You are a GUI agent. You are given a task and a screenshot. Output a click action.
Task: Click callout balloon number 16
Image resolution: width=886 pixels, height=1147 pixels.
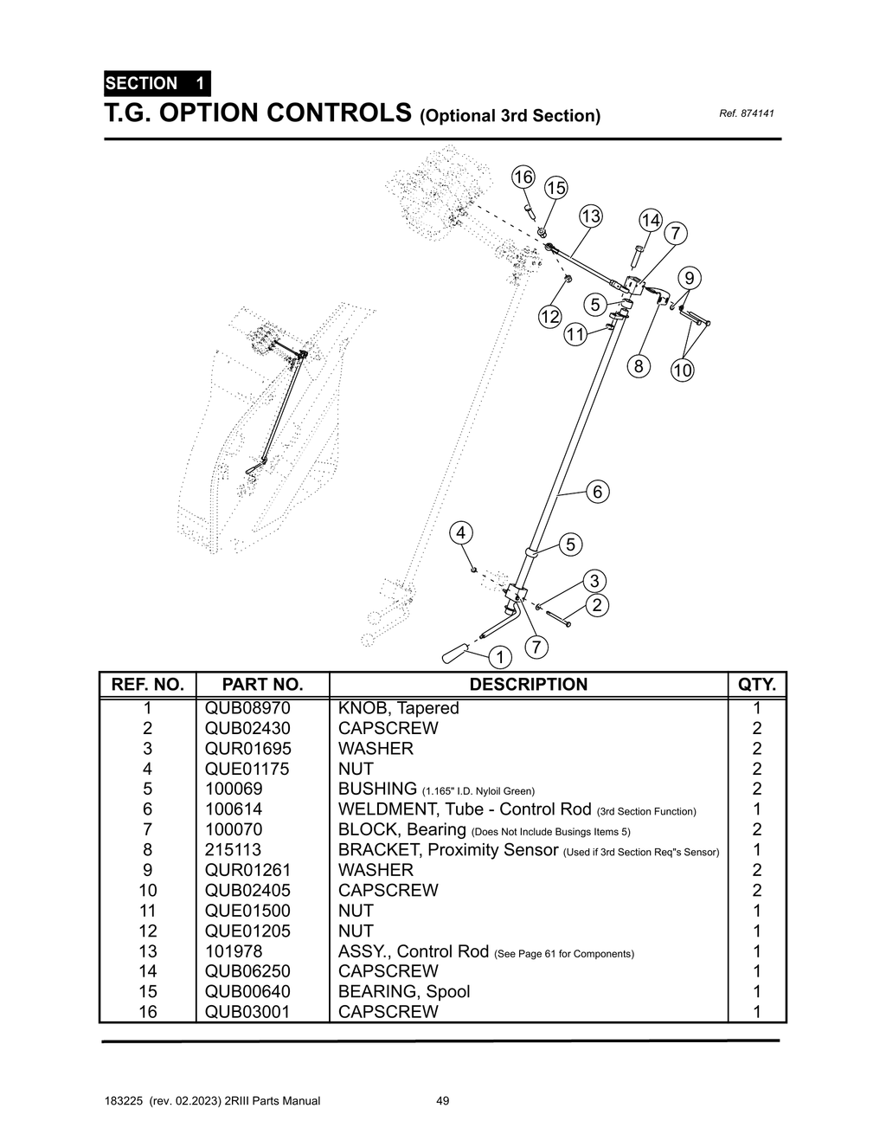tap(523, 177)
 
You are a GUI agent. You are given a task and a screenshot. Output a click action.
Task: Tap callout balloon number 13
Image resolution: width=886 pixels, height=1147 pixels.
tap(590, 216)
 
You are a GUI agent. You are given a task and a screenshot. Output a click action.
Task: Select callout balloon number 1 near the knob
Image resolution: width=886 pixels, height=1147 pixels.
tap(499, 657)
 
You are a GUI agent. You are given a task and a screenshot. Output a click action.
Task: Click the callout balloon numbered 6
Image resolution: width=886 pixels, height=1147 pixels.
tap(597, 492)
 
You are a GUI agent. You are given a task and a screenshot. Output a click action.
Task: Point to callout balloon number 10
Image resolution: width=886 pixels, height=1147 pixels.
tap(683, 371)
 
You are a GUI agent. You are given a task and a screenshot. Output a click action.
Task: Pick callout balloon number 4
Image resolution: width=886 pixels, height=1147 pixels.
tap(461, 532)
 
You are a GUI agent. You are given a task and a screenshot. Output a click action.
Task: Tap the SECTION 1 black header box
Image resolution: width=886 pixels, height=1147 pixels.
tap(156, 84)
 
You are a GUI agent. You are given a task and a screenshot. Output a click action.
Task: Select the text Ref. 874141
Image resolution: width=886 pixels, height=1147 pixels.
tap(746, 113)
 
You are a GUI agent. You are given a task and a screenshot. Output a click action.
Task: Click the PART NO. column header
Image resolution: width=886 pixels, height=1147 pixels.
tap(262, 684)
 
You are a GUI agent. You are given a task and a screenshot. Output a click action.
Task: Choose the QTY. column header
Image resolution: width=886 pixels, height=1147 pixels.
tap(757, 684)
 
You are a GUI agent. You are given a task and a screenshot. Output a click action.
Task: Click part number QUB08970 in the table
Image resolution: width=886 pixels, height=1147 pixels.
tap(247, 708)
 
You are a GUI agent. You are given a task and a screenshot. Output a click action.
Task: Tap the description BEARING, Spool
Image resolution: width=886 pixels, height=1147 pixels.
tap(404, 991)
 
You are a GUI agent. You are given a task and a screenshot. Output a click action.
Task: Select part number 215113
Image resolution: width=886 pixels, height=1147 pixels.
tap(233, 850)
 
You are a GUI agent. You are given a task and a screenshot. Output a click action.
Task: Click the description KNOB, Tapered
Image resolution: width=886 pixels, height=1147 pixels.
tap(398, 708)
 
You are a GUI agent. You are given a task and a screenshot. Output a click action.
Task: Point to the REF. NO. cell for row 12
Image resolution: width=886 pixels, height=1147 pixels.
tap(148, 931)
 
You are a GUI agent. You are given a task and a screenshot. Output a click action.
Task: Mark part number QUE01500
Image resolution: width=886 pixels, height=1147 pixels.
tap(247, 911)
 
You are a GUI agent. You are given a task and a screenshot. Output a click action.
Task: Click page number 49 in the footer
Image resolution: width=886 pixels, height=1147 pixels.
tap(442, 1101)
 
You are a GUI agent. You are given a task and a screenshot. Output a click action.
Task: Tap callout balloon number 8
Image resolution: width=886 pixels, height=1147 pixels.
tap(639, 366)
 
